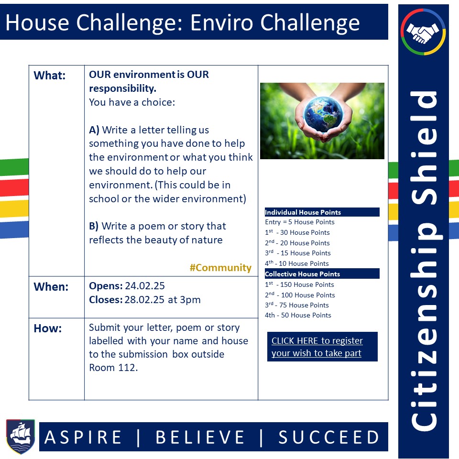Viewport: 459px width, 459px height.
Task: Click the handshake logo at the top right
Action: point(423,33)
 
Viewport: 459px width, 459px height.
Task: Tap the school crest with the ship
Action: point(20,436)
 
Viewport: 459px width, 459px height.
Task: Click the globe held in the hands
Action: point(322,114)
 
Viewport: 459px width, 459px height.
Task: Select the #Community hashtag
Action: point(220,268)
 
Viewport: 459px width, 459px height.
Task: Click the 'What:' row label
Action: point(49,76)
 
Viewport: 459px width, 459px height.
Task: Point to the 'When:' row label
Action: point(51,287)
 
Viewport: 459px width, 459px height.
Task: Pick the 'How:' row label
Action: point(47,328)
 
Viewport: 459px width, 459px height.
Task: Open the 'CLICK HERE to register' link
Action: point(317,347)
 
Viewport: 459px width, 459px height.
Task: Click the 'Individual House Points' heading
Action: point(303,212)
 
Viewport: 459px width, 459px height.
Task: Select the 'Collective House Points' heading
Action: point(302,274)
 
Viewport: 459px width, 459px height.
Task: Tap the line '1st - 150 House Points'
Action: point(300,284)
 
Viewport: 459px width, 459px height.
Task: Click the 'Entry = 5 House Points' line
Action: point(300,222)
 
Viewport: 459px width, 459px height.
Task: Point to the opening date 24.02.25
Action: point(145,286)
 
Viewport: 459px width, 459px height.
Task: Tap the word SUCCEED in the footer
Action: point(329,437)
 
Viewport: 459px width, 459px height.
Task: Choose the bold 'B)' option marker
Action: point(94,226)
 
